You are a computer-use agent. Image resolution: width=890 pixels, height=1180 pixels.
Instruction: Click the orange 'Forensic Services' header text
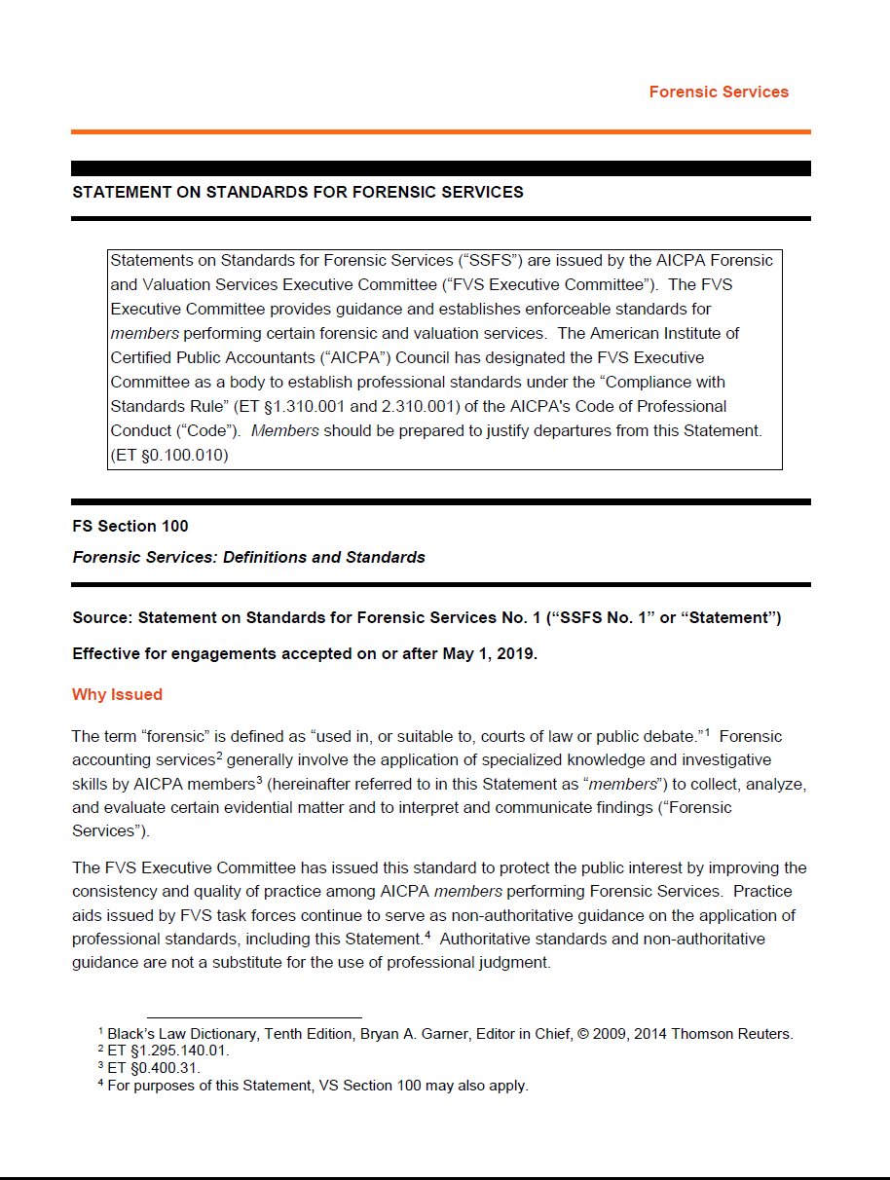pyautogui.click(x=719, y=92)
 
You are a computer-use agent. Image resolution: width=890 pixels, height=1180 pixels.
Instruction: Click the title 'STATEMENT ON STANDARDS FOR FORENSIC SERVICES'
pyautogui.click(x=298, y=193)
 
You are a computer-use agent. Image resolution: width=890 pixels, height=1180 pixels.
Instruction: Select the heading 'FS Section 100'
pyautogui.click(x=130, y=527)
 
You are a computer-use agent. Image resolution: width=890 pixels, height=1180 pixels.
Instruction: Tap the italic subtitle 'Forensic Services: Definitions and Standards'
pyautogui.click(x=248, y=558)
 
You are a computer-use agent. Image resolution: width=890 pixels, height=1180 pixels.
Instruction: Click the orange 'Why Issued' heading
pyautogui.click(x=117, y=695)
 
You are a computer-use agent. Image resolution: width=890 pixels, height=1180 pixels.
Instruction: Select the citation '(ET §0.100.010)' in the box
pyautogui.click(x=169, y=455)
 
